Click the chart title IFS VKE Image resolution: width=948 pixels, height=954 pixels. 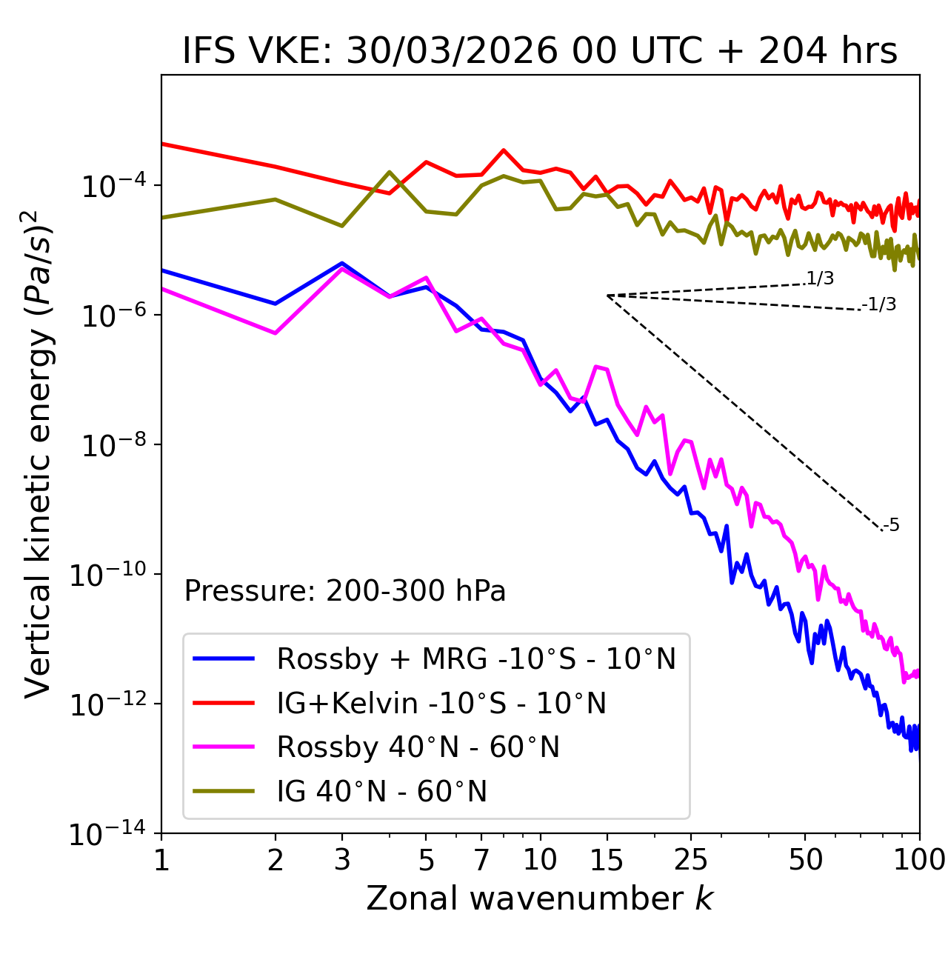540,52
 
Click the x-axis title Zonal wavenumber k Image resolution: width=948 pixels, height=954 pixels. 540,898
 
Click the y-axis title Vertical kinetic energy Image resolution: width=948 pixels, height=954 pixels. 39,453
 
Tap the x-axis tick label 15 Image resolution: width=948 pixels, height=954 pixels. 607,860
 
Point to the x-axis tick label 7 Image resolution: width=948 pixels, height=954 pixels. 481,860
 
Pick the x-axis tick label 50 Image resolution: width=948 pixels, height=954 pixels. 805,860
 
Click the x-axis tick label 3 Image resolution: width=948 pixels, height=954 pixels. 342,860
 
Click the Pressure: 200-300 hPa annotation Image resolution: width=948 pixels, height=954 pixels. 344,591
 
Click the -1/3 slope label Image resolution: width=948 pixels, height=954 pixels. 879,304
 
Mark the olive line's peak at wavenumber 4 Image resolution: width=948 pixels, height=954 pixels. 390,172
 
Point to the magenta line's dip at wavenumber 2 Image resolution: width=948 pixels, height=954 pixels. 276,333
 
